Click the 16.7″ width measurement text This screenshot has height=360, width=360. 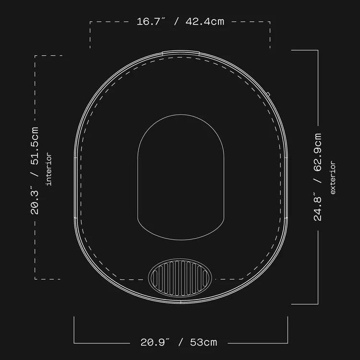pos(151,22)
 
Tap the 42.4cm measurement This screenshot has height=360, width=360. pos(205,22)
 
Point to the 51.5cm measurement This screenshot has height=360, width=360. pos(35,146)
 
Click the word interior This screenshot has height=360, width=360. pos(49,169)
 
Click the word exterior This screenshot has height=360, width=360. pos(333,178)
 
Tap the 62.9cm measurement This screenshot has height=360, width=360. pos(318,152)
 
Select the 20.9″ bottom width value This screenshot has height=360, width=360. pos(155,342)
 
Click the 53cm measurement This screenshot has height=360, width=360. pos(204,342)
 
